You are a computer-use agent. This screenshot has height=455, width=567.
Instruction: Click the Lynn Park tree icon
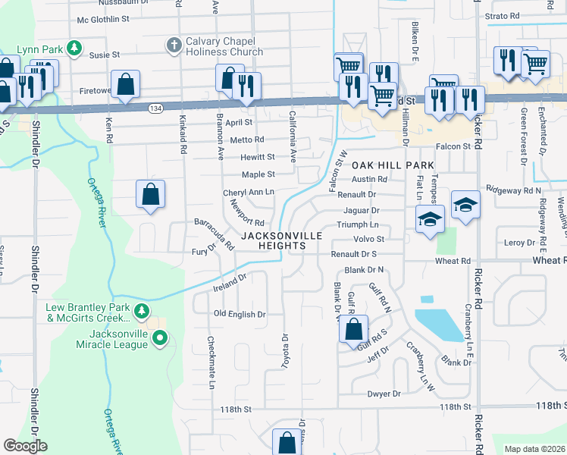click(x=74, y=49)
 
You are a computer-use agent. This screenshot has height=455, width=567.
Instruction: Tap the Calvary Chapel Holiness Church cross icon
click(x=173, y=45)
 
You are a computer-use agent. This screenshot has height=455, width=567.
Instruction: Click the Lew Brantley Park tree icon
click(x=141, y=311)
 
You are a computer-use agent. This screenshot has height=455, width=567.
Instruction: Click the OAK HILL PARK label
click(x=393, y=165)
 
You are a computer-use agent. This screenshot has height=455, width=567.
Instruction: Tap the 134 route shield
click(x=155, y=108)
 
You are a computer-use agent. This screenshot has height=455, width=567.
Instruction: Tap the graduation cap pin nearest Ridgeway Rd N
click(x=465, y=205)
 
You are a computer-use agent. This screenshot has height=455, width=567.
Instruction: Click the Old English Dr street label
click(x=240, y=314)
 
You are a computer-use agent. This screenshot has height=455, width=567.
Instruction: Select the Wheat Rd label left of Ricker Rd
click(x=453, y=261)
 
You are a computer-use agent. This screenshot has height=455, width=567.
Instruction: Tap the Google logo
click(x=26, y=446)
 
